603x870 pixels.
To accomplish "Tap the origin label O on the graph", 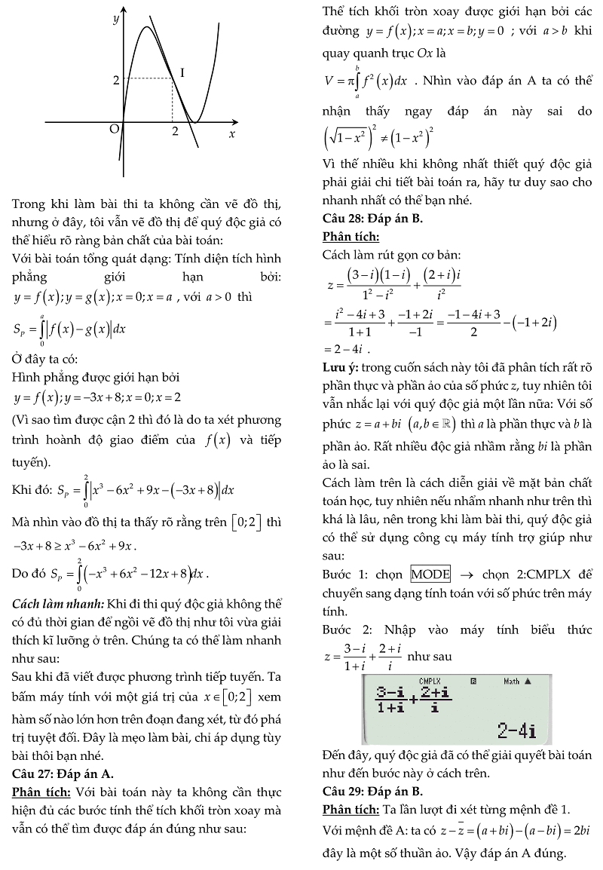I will (x=115, y=129).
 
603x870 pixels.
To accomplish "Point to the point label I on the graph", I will (x=182, y=72).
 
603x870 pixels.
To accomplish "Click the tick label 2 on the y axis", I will (x=116, y=79).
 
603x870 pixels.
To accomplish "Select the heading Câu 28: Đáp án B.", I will (x=372, y=219).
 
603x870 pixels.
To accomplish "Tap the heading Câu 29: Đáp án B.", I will (x=372, y=791).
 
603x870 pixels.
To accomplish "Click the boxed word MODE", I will (x=430, y=574).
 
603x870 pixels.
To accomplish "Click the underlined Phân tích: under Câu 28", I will (x=350, y=237).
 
